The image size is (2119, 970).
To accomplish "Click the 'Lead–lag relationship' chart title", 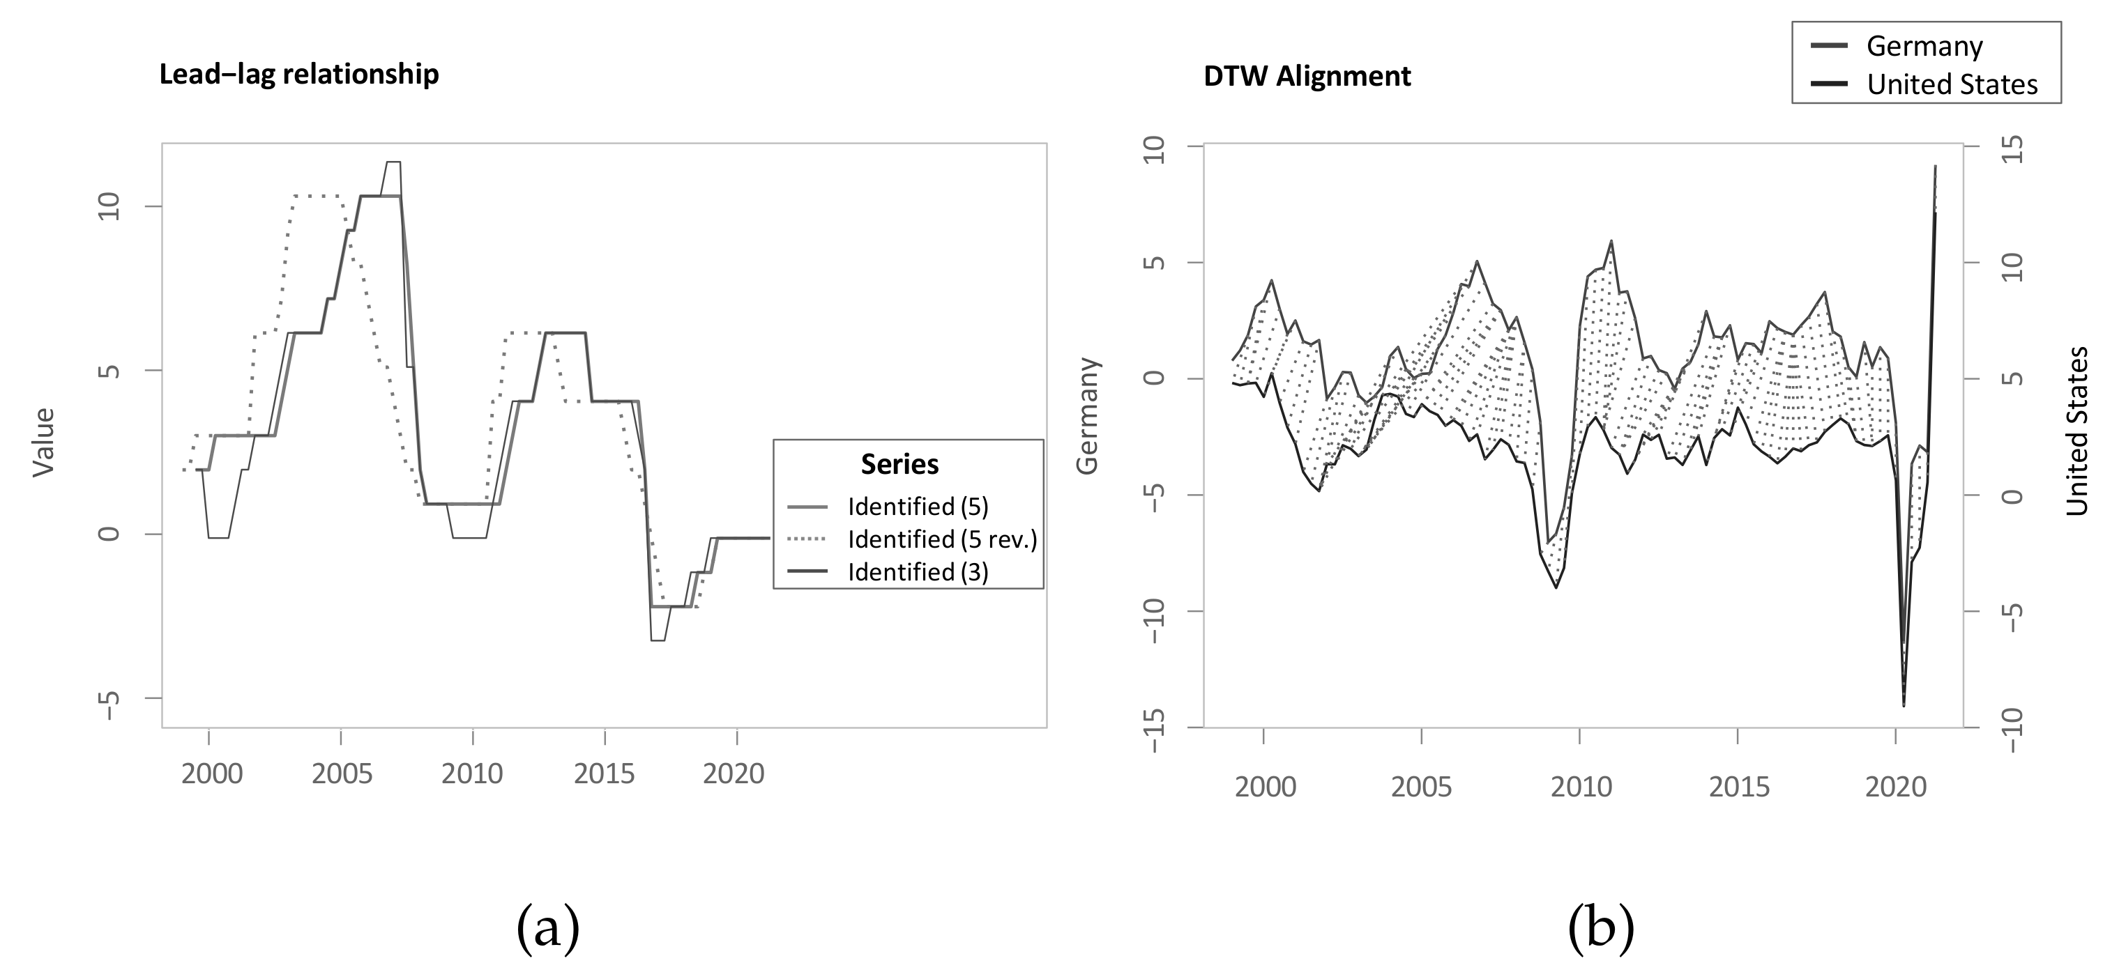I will point(298,75).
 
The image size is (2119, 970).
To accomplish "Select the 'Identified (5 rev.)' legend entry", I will point(942,539).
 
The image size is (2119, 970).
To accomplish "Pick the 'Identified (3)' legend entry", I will point(917,572).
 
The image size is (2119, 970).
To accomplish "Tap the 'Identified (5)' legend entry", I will point(917,507).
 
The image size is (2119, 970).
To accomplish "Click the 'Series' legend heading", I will point(899,465).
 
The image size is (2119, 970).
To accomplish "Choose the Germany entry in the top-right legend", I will point(1924,47).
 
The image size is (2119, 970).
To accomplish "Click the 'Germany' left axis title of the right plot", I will point(1088,415).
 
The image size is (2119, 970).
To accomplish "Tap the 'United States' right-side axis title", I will point(2077,431).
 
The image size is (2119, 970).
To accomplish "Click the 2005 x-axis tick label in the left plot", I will point(342,773).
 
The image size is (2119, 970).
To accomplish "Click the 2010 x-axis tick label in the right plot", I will point(1581,787).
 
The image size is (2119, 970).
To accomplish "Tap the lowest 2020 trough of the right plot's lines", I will point(1903,705).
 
